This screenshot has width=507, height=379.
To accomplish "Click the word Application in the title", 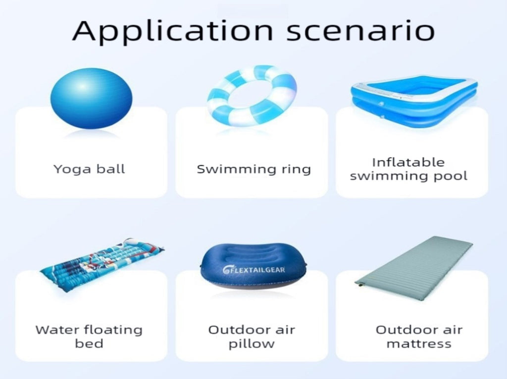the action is click(173, 31).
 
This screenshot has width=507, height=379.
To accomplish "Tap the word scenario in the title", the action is click(360, 31).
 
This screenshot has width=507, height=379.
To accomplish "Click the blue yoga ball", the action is click(92, 98).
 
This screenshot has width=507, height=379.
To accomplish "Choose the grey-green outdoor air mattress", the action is click(414, 268).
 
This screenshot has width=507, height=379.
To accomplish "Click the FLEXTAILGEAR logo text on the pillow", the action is click(254, 270).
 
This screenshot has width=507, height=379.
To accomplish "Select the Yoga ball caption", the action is click(89, 169).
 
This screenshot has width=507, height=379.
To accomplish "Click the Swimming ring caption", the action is click(254, 169).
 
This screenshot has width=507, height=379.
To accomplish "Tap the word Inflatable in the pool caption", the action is click(408, 162).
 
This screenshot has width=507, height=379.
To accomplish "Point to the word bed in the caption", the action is click(89, 343).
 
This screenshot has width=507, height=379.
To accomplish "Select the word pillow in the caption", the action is click(252, 344).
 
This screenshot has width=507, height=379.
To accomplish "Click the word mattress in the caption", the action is click(419, 344).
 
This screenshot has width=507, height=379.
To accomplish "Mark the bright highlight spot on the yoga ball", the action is click(83, 86).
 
